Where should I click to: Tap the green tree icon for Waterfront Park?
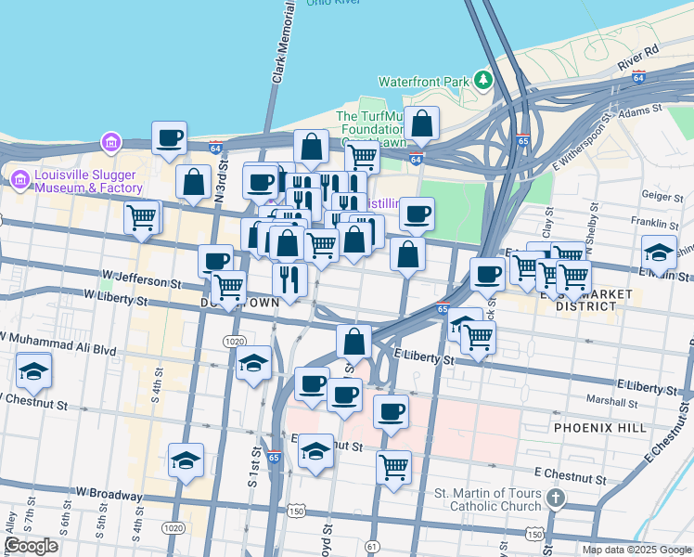(482, 80)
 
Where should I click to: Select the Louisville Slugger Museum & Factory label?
(89, 181)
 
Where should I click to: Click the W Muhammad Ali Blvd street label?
(61, 345)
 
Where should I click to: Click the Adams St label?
(642, 110)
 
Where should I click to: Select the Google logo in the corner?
(31, 546)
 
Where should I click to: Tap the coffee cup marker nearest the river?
(170, 139)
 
